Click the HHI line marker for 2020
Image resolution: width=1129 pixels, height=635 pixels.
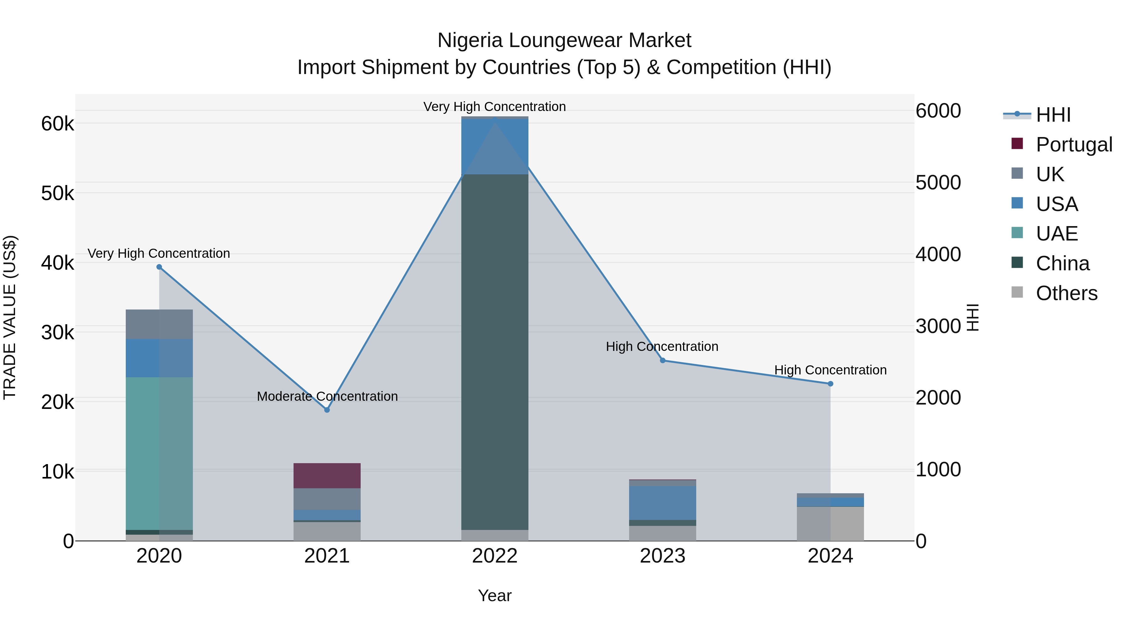coord(159,267)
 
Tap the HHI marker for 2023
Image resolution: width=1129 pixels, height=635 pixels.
coord(663,360)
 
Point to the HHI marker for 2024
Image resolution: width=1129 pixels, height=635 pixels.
coord(830,384)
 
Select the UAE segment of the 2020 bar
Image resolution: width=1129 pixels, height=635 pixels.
coord(159,453)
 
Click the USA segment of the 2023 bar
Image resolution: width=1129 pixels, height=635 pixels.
coord(663,503)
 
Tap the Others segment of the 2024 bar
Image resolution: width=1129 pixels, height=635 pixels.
coord(830,524)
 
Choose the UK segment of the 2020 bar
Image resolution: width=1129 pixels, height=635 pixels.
coord(159,324)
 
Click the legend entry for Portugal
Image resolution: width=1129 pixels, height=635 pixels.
coord(1074,145)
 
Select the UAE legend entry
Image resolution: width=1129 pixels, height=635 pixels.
coord(1057,234)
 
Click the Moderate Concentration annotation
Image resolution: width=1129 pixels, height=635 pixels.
coord(327,396)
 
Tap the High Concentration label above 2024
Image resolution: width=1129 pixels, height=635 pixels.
coord(830,370)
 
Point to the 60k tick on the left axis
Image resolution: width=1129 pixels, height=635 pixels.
coord(57,124)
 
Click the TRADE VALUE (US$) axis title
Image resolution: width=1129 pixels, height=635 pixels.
coord(10,317)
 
